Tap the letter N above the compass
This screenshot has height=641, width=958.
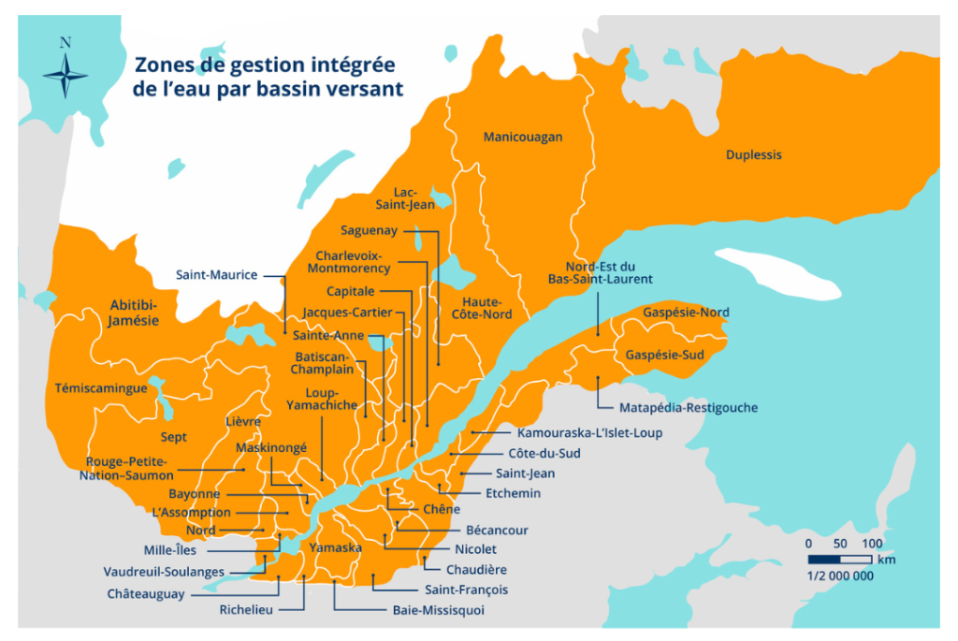point(65,42)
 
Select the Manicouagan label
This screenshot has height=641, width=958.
point(523,138)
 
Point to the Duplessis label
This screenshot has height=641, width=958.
point(753,154)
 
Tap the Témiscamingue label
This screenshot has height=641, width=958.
point(101,387)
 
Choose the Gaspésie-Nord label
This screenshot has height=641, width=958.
point(687,312)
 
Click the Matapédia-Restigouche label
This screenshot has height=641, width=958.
point(689,408)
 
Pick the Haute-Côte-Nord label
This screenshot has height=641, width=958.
point(482,308)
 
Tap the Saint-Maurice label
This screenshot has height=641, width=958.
point(216,275)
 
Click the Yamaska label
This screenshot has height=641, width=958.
point(335,547)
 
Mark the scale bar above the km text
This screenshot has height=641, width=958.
point(840,560)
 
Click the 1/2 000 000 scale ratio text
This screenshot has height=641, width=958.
point(840,576)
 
